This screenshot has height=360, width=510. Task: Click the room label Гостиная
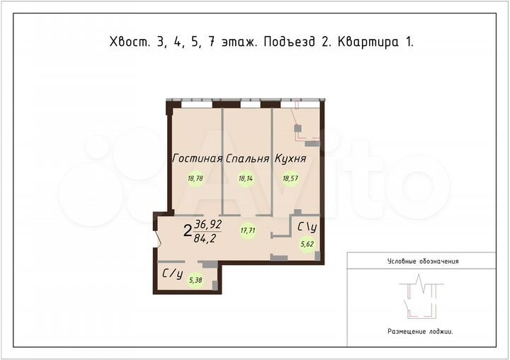pyautogui.click(x=198, y=159)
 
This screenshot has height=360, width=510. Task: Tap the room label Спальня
pyautogui.click(x=247, y=159)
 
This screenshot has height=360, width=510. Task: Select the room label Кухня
pyautogui.click(x=290, y=159)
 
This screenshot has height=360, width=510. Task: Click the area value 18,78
pyautogui.click(x=195, y=179)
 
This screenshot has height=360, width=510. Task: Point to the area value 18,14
pyautogui.click(x=246, y=179)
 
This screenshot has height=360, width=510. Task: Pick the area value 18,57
pyautogui.click(x=290, y=179)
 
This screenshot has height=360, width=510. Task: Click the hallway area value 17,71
pyautogui.click(x=248, y=230)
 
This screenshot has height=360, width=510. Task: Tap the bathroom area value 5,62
pyautogui.click(x=307, y=244)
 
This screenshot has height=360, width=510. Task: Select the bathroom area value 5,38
pyautogui.click(x=195, y=280)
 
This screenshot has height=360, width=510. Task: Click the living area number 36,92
pyautogui.click(x=208, y=224)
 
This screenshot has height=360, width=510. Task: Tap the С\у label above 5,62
pyautogui.click(x=307, y=227)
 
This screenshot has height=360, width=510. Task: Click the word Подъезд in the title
pyautogui.click(x=289, y=42)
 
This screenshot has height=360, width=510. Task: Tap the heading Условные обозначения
pyautogui.click(x=423, y=261)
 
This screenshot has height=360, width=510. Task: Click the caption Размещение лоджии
pyautogui.click(x=419, y=331)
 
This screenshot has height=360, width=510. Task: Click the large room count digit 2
pyautogui.click(x=187, y=230)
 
